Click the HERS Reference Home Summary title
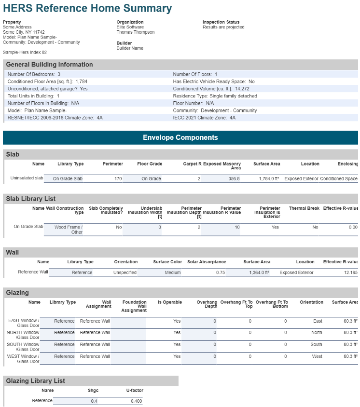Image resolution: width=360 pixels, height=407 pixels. coord(87,8)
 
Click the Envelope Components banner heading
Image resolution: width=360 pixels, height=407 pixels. coord(180,137)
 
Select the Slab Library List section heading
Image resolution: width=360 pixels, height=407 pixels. coord(31,199)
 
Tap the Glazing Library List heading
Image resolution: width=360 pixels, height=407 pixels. coord(36,381)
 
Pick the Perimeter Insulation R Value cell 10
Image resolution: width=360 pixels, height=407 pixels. coord(237,227)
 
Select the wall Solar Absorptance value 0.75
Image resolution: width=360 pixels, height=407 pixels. coord(221,272)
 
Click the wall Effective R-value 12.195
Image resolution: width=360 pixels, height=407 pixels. coord(350,272)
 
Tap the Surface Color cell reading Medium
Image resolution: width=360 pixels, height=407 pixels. coord(172,272)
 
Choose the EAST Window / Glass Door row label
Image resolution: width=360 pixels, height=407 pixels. coord(24,323)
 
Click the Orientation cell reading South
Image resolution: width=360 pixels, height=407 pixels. coord(316,344)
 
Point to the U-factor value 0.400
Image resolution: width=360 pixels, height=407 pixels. coord(136,401)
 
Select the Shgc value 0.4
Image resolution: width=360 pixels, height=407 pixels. coord(94,401)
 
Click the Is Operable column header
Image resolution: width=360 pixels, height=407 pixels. coord(170,302)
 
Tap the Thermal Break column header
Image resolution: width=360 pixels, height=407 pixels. coord(304,208)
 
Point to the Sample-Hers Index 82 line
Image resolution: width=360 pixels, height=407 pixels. coord(25,52)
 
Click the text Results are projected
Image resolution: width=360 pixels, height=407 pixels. coord(223,27)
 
